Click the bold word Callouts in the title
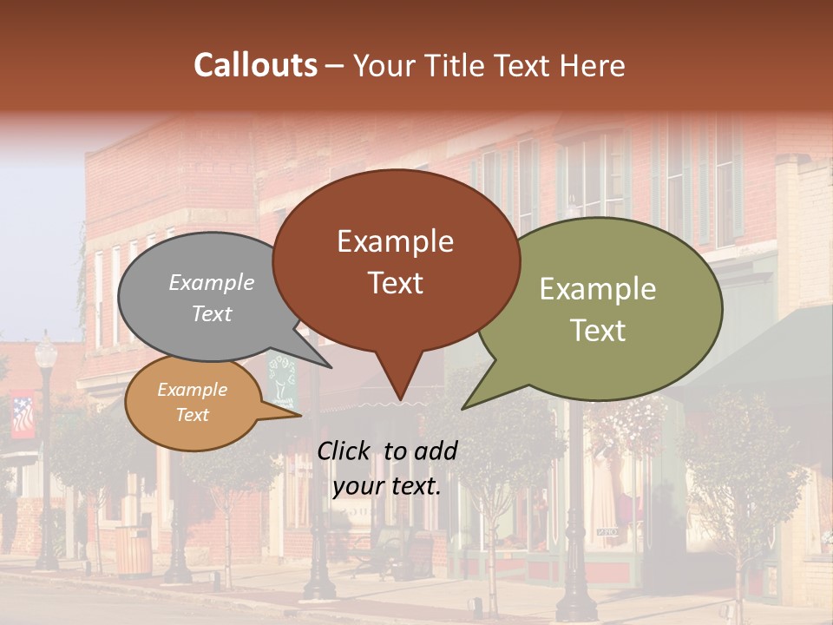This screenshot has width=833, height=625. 255,65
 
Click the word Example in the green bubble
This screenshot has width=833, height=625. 597,289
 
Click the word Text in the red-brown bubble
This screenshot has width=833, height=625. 396,283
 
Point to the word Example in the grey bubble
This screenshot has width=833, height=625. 211,283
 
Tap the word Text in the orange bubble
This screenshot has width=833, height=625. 192,415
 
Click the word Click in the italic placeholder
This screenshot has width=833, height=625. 344,451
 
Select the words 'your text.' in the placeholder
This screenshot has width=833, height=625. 386,486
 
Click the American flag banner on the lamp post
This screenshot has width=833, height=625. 23,416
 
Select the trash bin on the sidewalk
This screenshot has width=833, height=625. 132,549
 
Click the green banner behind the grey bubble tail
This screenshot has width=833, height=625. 281,382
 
